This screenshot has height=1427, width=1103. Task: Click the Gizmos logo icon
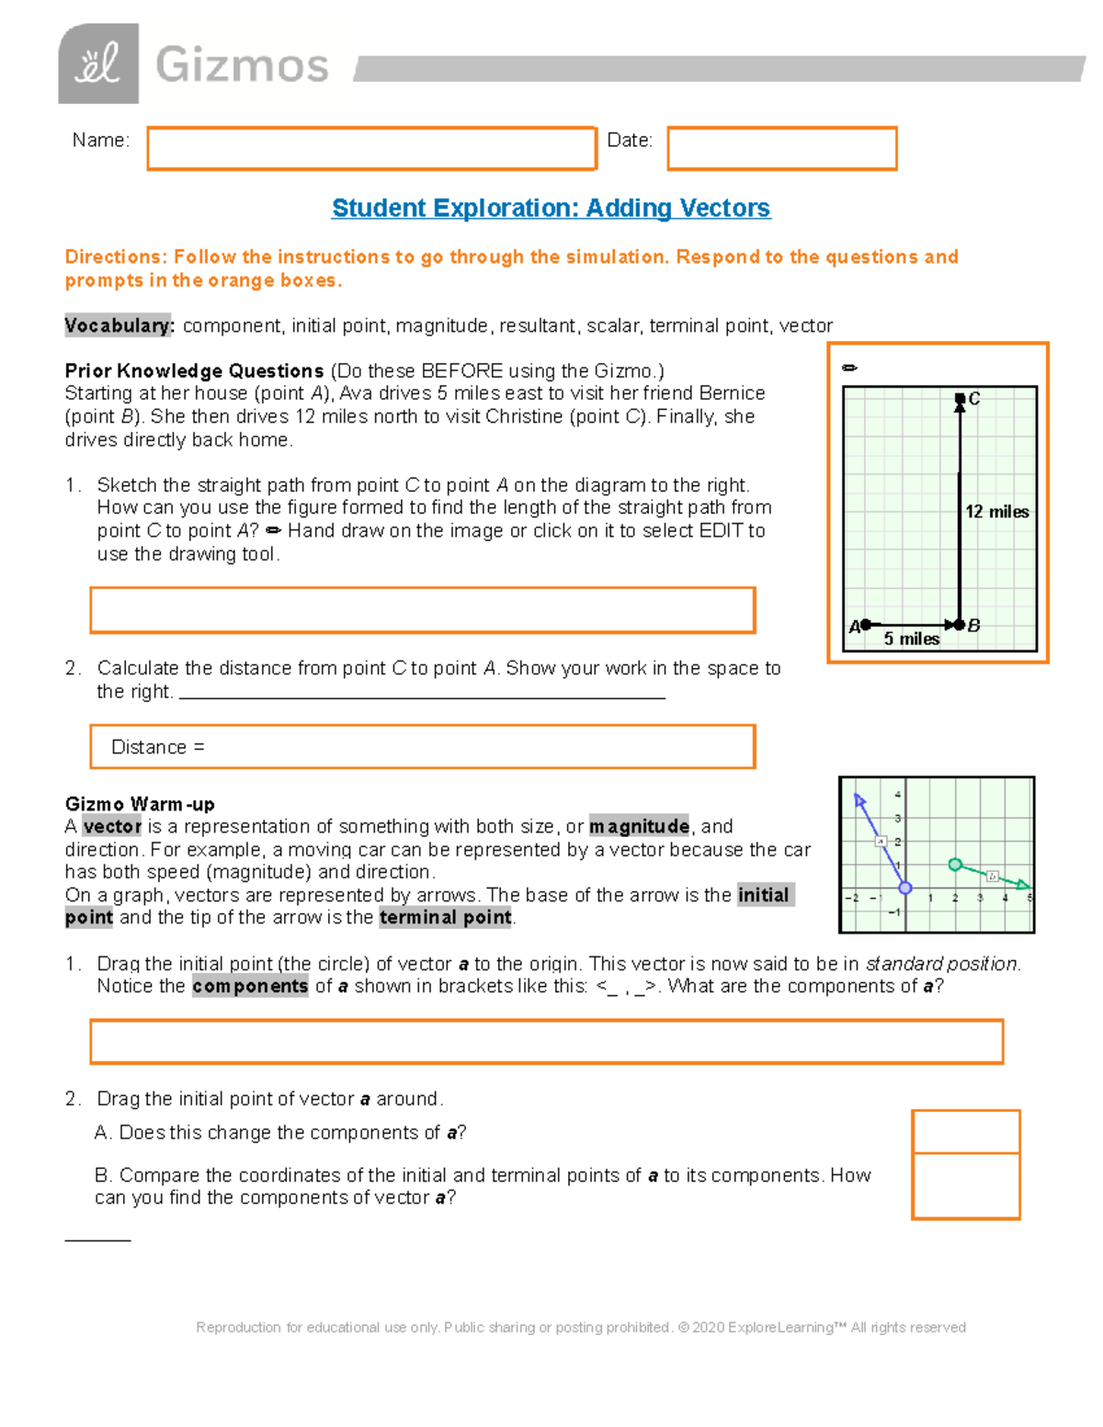point(98,63)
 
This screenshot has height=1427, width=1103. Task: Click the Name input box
point(371,149)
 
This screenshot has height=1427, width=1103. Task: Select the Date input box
point(781,149)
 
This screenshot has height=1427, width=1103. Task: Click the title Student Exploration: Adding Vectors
point(551,209)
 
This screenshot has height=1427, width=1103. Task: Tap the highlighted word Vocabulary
point(119,325)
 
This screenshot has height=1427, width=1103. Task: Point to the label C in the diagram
point(974,399)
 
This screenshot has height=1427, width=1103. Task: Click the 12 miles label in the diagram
point(996,512)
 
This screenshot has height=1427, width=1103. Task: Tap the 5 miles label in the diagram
point(911,639)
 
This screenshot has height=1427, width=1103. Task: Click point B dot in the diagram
point(961,625)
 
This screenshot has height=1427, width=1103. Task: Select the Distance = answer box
point(423,747)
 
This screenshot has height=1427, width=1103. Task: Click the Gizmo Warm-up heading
point(140,804)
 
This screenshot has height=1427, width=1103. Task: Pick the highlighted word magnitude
point(639,826)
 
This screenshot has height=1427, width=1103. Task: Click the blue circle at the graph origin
point(905,888)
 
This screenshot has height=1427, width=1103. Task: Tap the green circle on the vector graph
point(955,865)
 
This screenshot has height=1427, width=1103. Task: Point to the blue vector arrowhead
point(859,799)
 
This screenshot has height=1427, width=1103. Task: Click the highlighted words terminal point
point(445,917)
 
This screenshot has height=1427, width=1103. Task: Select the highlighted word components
point(250,986)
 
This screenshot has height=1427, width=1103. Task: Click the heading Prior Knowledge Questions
point(194,370)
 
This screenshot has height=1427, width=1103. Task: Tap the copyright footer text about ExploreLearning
point(581,1327)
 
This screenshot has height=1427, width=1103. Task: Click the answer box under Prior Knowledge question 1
point(423,610)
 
